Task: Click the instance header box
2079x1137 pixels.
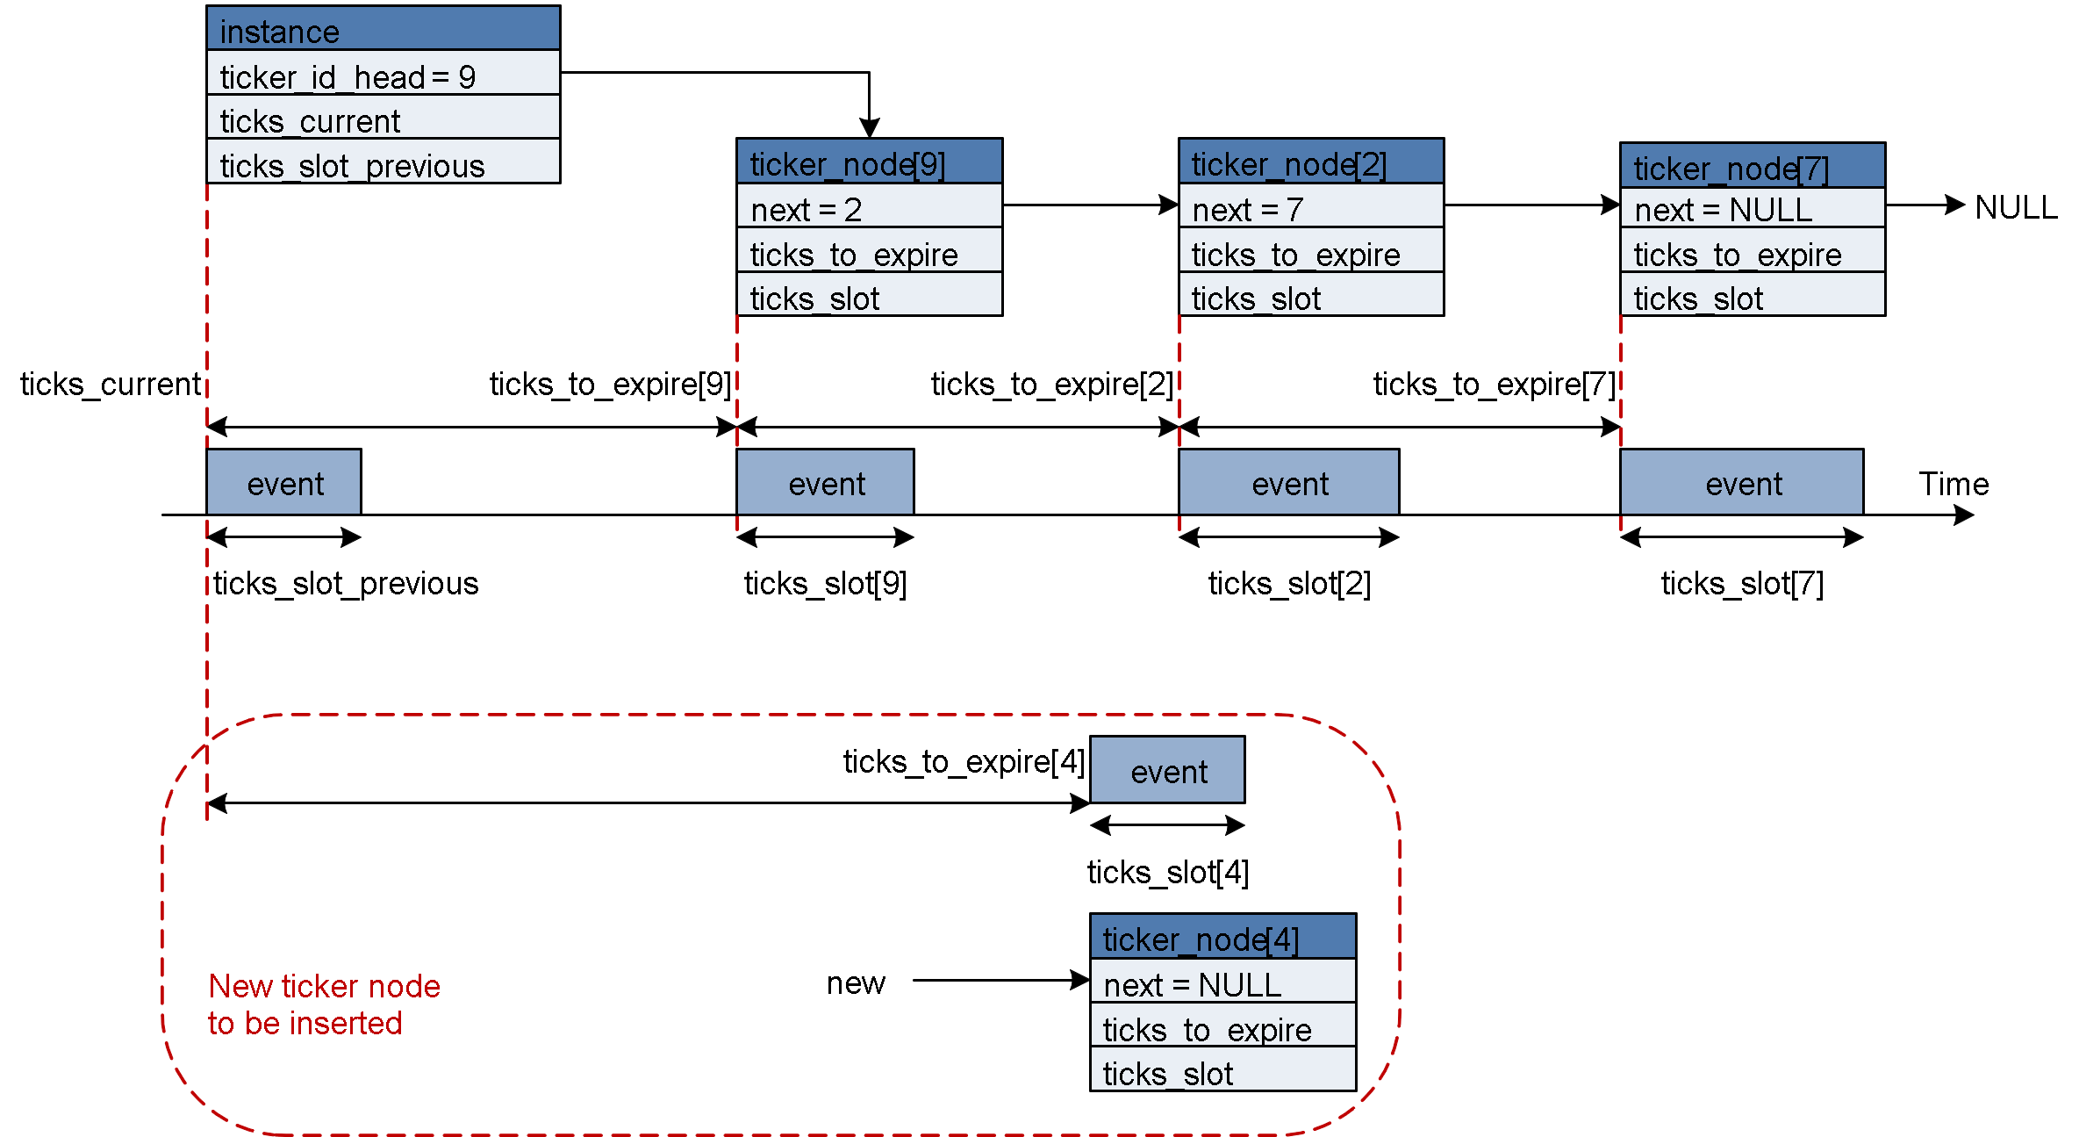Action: (x=383, y=29)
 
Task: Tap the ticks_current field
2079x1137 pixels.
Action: (x=383, y=119)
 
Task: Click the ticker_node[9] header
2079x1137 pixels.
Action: (x=869, y=162)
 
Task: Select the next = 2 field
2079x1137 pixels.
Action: (x=869, y=207)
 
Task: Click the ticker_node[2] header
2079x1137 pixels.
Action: (x=1310, y=162)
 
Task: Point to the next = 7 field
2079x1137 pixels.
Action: (x=1310, y=207)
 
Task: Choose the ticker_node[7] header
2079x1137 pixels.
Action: (x=1752, y=166)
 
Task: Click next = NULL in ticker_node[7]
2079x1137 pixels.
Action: (x=1752, y=209)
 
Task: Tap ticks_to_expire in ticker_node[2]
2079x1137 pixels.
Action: (x=1310, y=252)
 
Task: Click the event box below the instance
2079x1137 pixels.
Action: (x=283, y=482)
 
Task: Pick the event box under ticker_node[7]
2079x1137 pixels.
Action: (x=1741, y=482)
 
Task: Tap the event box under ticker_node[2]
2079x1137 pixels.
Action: (x=1288, y=482)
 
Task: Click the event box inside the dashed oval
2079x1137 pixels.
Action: (x=1167, y=770)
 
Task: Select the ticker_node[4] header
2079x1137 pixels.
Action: (x=1222, y=937)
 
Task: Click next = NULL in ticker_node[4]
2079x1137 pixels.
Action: (x=1222, y=982)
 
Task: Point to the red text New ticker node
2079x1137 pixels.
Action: (x=324, y=986)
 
